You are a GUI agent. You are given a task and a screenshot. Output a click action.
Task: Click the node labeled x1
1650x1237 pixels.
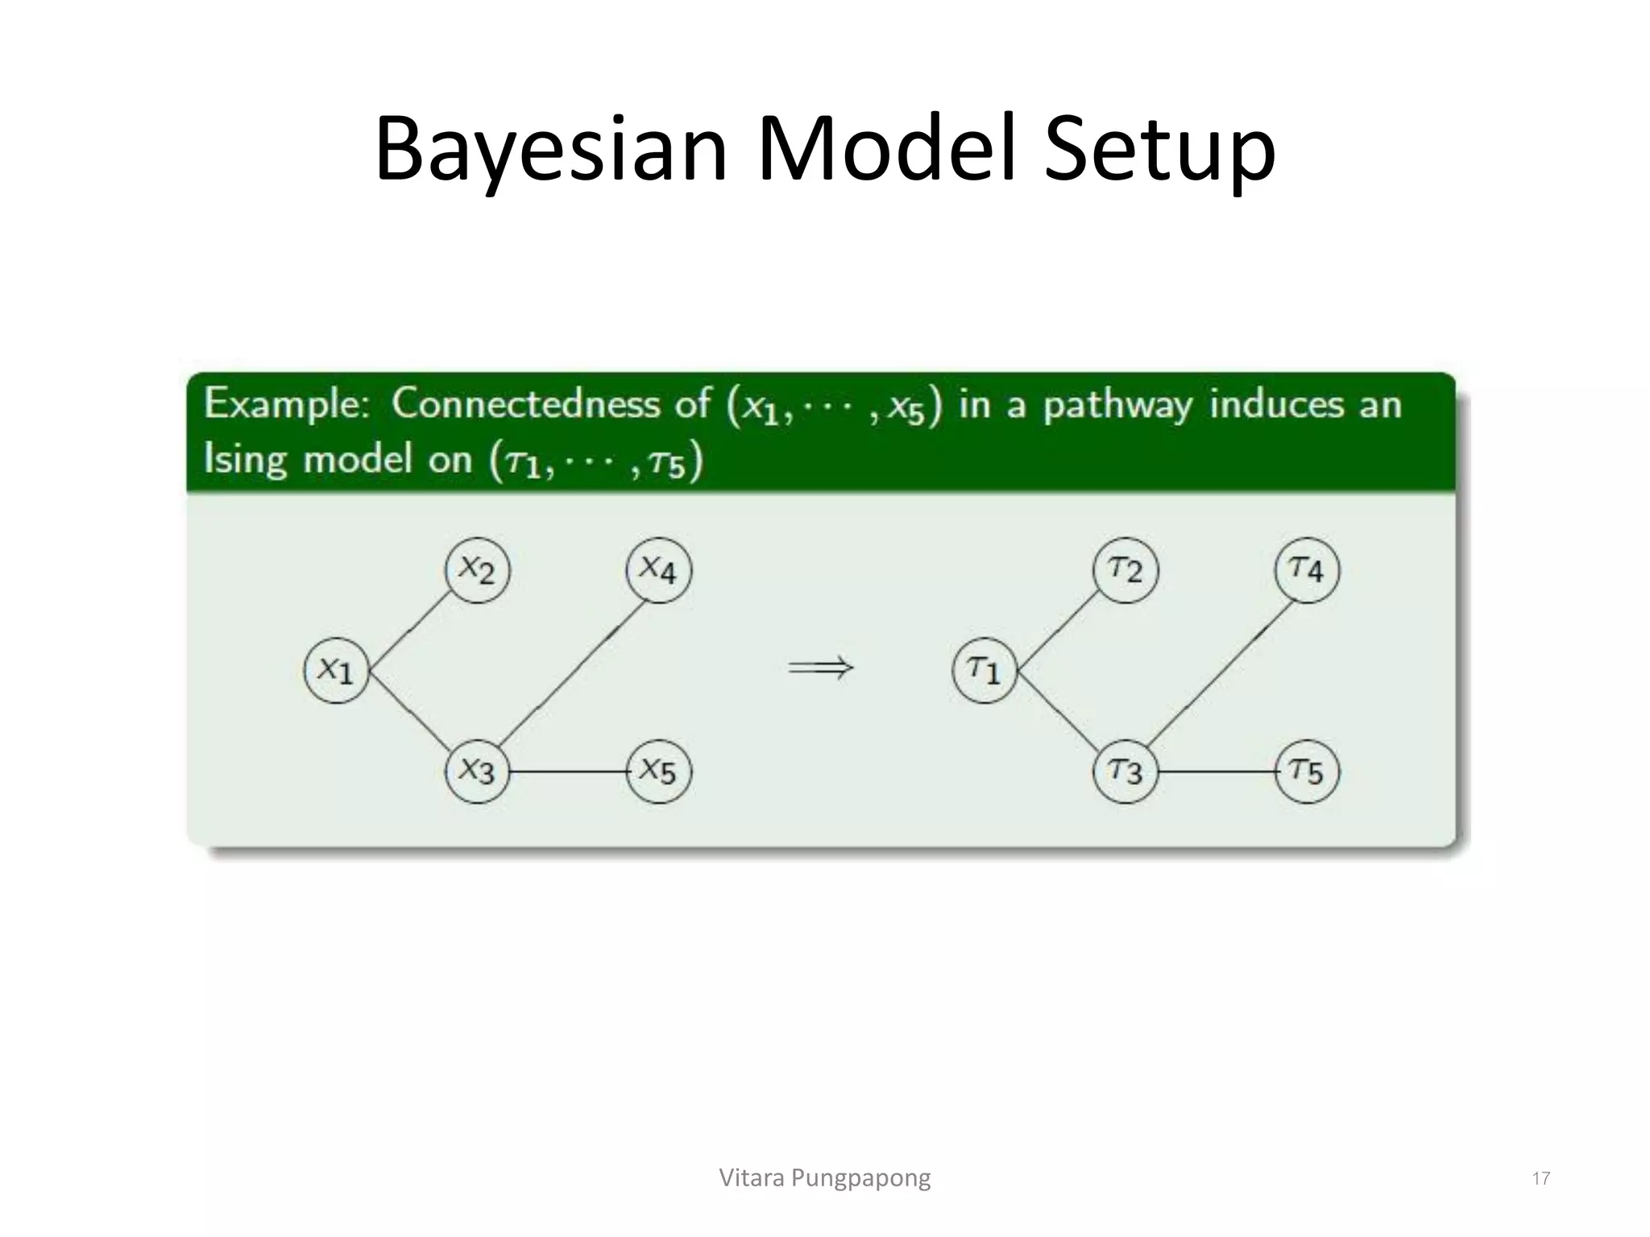[336, 670]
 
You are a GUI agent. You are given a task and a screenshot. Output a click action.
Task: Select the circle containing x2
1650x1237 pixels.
[477, 570]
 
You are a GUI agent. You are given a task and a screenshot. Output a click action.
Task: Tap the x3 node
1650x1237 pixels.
[477, 772]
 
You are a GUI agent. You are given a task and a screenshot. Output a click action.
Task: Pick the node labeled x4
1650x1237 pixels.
[658, 570]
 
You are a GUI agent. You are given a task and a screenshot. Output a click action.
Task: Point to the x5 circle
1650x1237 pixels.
[658, 772]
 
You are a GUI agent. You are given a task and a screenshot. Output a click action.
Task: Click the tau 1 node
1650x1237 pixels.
[984, 670]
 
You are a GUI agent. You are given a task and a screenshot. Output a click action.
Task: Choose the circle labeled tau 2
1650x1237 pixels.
[1126, 570]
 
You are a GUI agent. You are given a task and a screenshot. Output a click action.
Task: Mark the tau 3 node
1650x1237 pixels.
[1126, 772]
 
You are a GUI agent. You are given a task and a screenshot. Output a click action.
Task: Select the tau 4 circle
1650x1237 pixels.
[1307, 570]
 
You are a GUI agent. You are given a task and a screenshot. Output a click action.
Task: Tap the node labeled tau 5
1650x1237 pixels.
[1307, 772]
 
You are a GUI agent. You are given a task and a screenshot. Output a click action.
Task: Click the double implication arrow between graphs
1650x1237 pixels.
[820, 668]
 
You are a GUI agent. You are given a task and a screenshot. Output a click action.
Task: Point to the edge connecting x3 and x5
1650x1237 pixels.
[568, 772]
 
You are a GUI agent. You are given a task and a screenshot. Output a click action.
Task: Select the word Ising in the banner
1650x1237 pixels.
[245, 460]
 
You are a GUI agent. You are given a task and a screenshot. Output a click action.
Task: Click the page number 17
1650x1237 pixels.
[1540, 1179]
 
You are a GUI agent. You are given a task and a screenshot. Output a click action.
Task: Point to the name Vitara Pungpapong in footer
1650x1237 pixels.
[824, 1178]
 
